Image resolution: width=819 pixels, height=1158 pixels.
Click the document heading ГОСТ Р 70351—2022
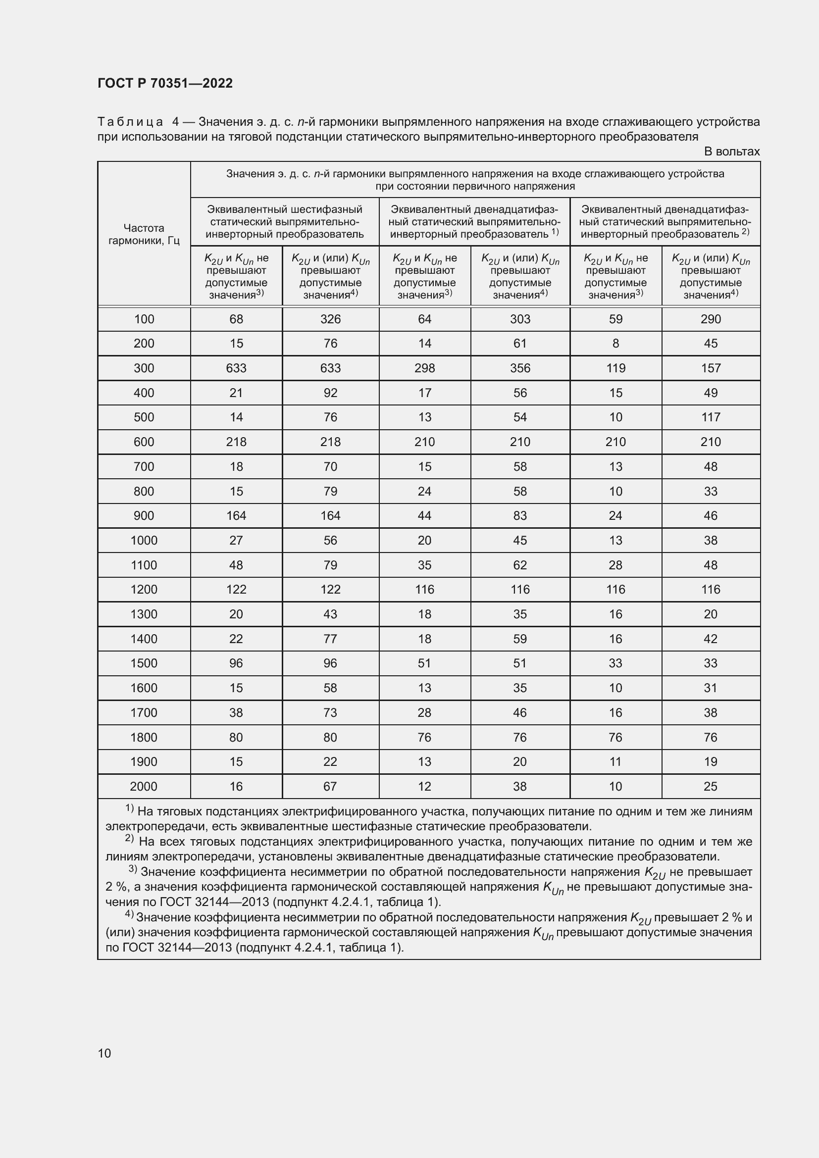coord(165,83)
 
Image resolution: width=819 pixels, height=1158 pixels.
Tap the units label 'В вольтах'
coord(731,151)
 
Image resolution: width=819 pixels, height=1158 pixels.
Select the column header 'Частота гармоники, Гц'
coord(144,234)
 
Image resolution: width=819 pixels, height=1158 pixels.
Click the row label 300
coord(144,368)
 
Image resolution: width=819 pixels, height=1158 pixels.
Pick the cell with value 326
coord(330,319)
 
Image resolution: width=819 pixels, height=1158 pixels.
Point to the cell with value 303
coord(520,319)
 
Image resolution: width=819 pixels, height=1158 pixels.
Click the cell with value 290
coord(711,319)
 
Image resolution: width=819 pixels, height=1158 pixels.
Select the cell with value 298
coord(425,368)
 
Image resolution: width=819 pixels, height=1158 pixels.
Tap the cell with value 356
coord(520,368)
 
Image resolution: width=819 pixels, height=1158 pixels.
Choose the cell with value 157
coord(711,368)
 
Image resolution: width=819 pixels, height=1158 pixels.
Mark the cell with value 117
coord(711,417)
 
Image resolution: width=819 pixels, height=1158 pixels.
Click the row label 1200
coord(144,589)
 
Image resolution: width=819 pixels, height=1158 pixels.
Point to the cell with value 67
coord(330,786)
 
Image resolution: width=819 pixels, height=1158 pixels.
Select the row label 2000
coord(144,786)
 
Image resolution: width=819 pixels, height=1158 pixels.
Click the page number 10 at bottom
coord(104,1053)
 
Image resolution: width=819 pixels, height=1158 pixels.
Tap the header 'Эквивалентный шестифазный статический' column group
coord(284,221)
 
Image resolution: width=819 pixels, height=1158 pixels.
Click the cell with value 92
coord(330,393)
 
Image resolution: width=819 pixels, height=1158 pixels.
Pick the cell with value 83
coord(520,515)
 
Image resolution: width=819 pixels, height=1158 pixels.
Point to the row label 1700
coord(144,712)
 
